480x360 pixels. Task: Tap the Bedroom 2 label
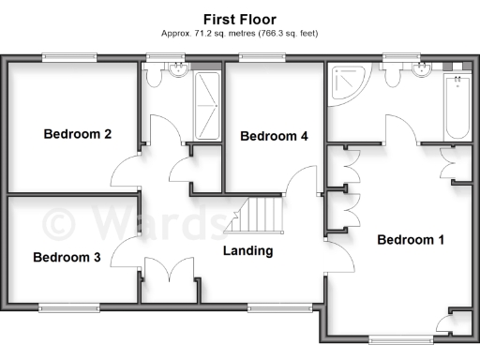click(x=78, y=135)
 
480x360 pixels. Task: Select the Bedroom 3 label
click(x=67, y=257)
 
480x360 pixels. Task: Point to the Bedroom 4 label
click(x=274, y=137)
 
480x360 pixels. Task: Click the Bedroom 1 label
click(x=411, y=240)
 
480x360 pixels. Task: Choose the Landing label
click(x=247, y=250)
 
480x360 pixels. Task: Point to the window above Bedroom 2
click(x=70, y=59)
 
